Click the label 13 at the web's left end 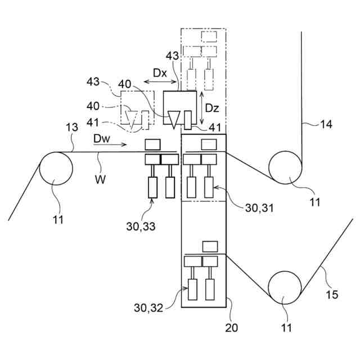click(x=72, y=129)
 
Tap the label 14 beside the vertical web click(x=326, y=124)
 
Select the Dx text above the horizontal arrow click(x=160, y=73)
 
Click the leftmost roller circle click(x=56, y=169)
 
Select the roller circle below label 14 click(x=285, y=167)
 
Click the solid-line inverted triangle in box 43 click(x=173, y=118)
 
